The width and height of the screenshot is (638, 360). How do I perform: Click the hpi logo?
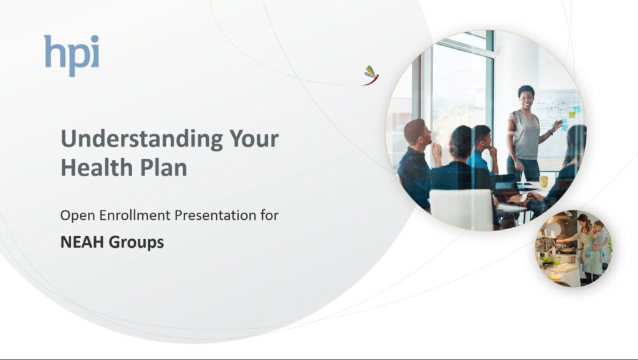[x=72, y=55]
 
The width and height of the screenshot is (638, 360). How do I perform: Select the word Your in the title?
[x=254, y=138]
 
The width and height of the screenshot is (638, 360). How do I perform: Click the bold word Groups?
[x=136, y=243]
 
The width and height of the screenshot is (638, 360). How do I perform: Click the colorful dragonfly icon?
[x=371, y=75]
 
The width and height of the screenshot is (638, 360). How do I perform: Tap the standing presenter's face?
[x=526, y=98]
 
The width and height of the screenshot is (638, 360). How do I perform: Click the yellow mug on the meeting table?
[x=543, y=181]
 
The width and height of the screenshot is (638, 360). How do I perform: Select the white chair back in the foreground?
[x=462, y=209]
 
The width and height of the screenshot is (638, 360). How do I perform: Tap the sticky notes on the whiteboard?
[x=569, y=115]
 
